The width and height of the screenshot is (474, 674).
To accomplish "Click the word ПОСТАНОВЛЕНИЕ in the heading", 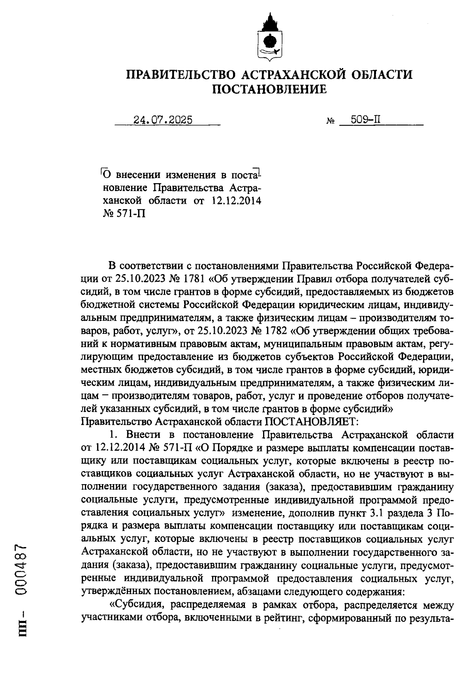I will (270, 90).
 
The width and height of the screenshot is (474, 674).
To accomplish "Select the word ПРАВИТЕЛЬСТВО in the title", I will (180, 75).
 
